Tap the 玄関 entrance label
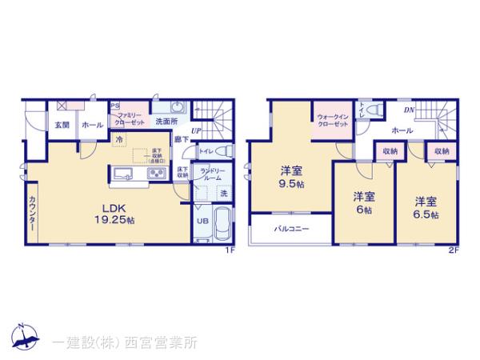pos(61,126)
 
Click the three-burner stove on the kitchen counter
pos(154,174)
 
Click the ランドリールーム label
pos(211,174)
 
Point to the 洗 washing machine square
pos(224,194)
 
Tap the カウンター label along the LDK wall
pos(31,212)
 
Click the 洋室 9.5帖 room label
pos(290,174)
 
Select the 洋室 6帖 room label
pos(364,202)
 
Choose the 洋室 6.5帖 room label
pos(426,206)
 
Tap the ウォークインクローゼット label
pos(332,121)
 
